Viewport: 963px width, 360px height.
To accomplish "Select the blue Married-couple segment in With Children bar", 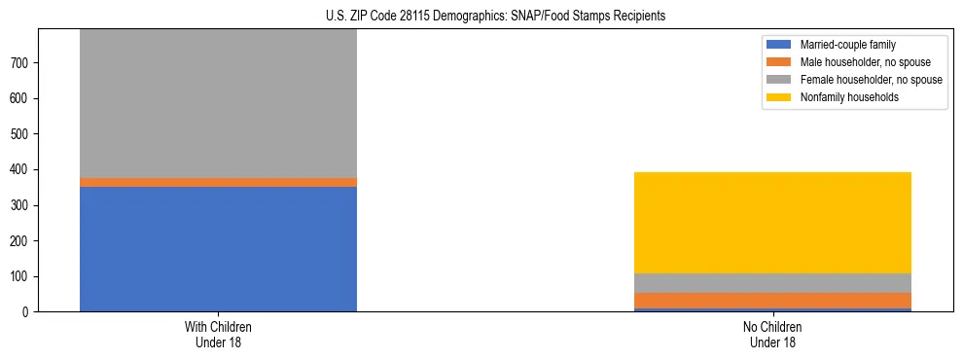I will pyautogui.click(x=218, y=248).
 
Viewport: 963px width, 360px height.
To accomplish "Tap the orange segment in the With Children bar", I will pyautogui.click(x=218, y=182).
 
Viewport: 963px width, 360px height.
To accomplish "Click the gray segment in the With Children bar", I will pyautogui.click(x=218, y=103).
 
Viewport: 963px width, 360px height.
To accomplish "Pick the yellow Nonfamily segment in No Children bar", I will pyautogui.click(x=772, y=223).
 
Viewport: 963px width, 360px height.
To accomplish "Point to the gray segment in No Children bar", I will pyautogui.click(x=772, y=283).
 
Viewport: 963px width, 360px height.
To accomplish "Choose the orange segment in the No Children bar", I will pyautogui.click(x=772, y=301).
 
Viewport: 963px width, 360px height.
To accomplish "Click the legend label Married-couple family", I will pyautogui.click(x=847, y=45).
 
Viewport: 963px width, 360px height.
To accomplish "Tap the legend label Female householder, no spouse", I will pyautogui.click(x=870, y=80).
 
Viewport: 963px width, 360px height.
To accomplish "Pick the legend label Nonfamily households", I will pyautogui.click(x=843, y=97).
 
